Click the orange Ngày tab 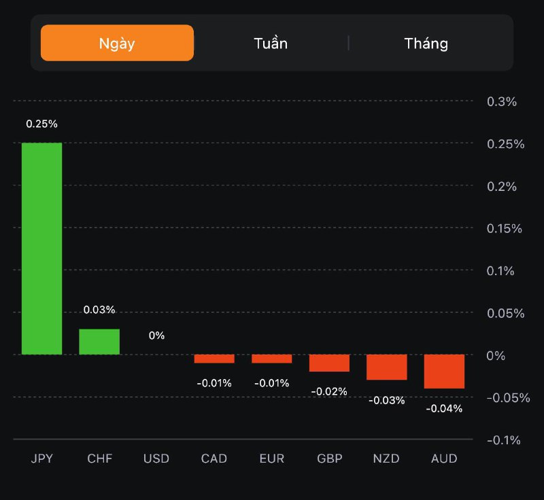[117, 43]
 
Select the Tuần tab [271, 43]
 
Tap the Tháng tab [426, 43]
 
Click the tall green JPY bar [41, 249]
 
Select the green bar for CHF [99, 342]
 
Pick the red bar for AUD [444, 371]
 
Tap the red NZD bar [386, 367]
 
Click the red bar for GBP [329, 363]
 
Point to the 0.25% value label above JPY [41, 124]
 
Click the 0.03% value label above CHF [99, 310]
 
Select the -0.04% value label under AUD [444, 408]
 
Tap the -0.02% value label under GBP [329, 391]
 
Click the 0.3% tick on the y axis [502, 102]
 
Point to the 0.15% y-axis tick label [504, 229]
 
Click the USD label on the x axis [156, 459]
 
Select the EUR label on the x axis [272, 459]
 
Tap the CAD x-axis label [214, 459]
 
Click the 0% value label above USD [156, 336]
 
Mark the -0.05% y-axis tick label [508, 398]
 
